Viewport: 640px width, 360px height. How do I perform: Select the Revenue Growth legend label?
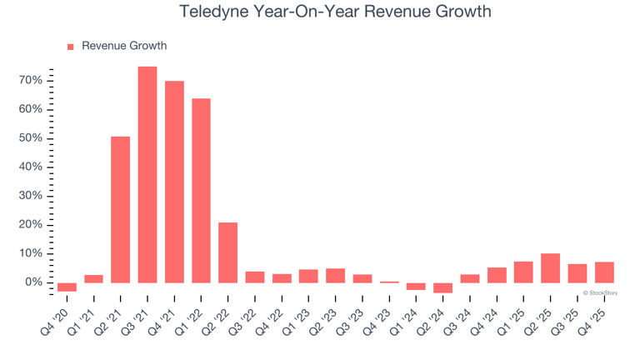pos(124,46)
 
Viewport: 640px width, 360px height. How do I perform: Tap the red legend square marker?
pos(71,47)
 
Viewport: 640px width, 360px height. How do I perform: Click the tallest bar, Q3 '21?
pos(147,174)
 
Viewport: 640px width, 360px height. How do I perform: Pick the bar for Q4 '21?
pos(174,182)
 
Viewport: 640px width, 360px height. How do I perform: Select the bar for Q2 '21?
pos(120,209)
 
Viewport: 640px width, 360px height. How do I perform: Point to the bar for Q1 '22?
pos(201,191)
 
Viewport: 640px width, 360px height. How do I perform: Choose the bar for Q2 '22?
pos(227,252)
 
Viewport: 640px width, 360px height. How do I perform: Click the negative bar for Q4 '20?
pos(67,287)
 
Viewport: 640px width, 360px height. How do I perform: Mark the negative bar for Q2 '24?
pos(442,287)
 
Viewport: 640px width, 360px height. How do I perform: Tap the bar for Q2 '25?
pos(550,268)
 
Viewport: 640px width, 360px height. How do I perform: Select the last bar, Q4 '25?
pos(604,272)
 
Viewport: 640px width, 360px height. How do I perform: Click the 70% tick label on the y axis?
pos(31,81)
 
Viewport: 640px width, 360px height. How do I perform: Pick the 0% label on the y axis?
pos(33,282)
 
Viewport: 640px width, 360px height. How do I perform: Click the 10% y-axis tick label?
pos(31,253)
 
